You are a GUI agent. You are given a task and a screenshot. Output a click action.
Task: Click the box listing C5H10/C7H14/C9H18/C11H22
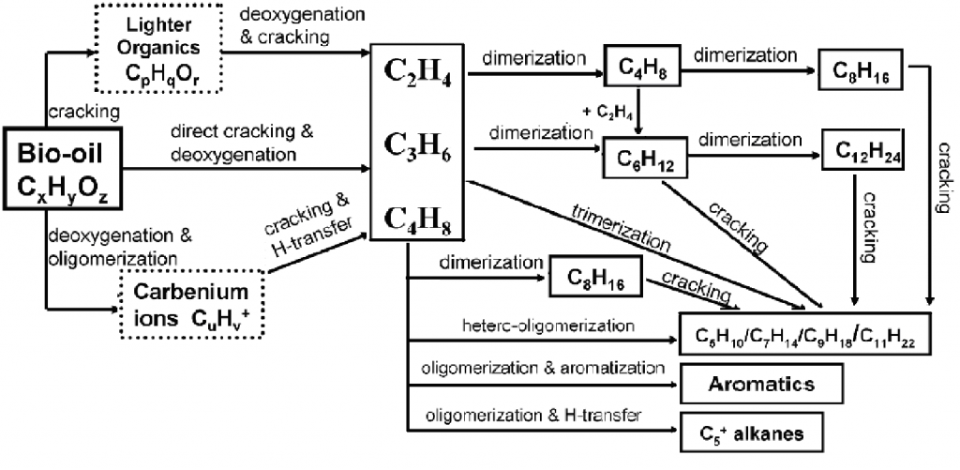coord(805,334)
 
